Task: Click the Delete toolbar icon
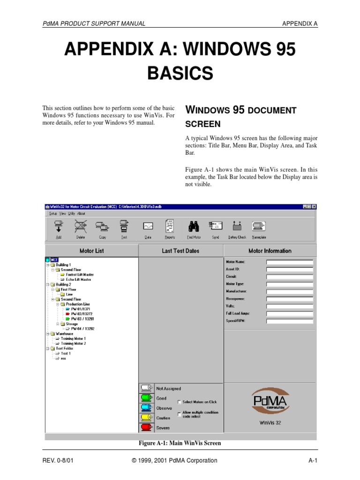coord(81,227)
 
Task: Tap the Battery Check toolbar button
coord(237,227)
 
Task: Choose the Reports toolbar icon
coord(169,227)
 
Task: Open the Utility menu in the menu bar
coord(71,213)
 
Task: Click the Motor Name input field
coord(289,262)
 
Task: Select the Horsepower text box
coord(289,299)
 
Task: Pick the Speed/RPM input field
coord(289,321)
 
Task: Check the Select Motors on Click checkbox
coord(180,402)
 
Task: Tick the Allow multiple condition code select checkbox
coord(180,414)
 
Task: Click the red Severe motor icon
coord(146,427)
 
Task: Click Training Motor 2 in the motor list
coord(74,344)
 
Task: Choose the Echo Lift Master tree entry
coord(78,279)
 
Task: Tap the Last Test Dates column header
coord(180,251)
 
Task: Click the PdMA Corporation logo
coord(270,401)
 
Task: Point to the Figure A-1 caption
coord(180,443)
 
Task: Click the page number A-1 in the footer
coord(313,460)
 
